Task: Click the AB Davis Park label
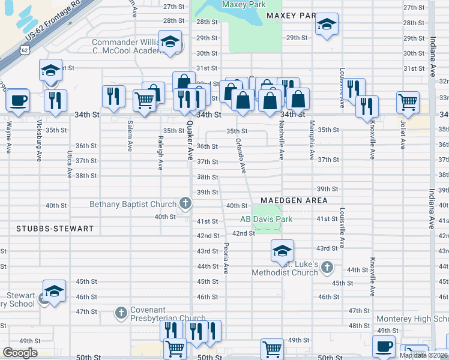coord(266,219)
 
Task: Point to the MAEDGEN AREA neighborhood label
coord(294,200)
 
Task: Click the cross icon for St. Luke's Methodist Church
coord(327,266)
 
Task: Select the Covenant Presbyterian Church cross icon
coord(121,312)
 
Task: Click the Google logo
coord(20,352)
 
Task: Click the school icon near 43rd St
coord(282,250)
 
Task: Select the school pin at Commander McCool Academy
coord(170,42)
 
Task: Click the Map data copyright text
coord(423,355)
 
